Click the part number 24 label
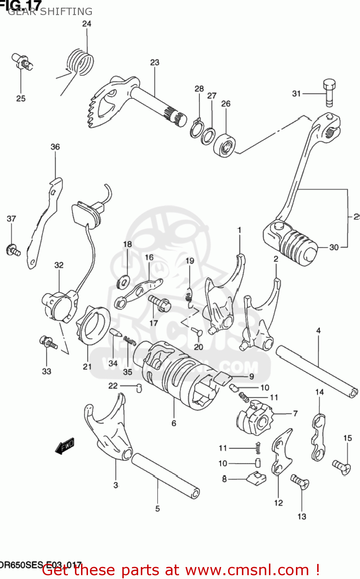[87, 24]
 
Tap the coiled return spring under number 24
[80, 62]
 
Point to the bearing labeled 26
[225, 145]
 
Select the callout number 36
[55, 147]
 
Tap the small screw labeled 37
[13, 250]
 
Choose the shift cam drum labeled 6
[176, 372]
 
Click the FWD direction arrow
[64, 446]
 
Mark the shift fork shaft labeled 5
[166, 476]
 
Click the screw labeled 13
[300, 482]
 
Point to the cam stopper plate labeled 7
[256, 418]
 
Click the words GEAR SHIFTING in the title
[50, 12]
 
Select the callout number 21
[87, 366]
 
